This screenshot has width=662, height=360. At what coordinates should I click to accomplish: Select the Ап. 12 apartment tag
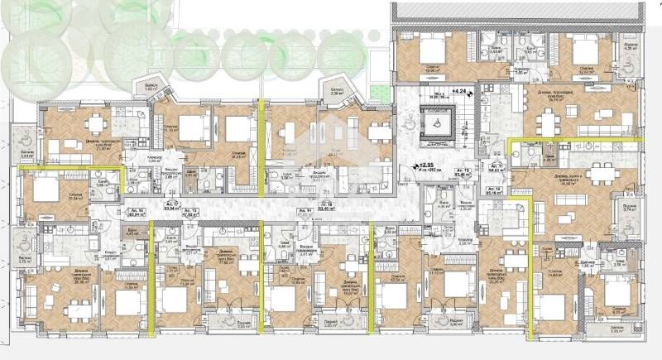(495, 192)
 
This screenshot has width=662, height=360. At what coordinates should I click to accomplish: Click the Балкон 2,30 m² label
(338, 92)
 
